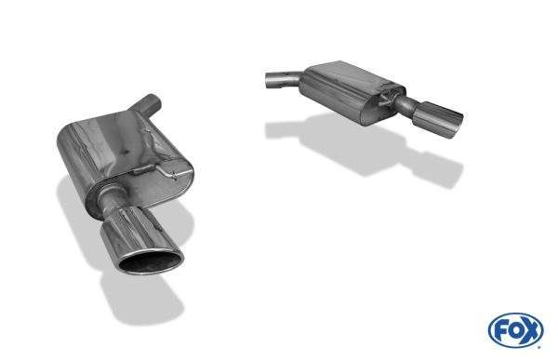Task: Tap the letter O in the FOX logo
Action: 516,331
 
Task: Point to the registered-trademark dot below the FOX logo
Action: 540,346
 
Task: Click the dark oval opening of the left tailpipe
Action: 150,262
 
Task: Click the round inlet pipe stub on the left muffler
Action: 147,105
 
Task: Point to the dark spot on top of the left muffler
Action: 125,152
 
